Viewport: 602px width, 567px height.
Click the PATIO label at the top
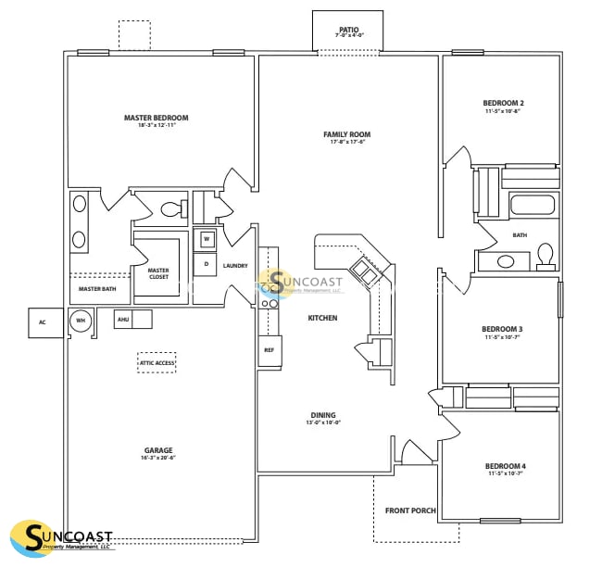[x=348, y=30]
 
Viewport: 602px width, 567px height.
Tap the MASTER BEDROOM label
[x=157, y=118]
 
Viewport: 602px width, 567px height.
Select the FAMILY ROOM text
[x=347, y=134]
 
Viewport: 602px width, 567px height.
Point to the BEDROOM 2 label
[x=503, y=103]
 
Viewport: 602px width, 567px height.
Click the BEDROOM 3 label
[x=502, y=329]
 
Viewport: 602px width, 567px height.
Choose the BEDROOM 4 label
[x=505, y=466]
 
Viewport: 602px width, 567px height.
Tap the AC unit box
[x=42, y=322]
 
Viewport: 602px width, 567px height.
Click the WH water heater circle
[x=81, y=321]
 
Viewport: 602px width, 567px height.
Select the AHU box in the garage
[x=122, y=320]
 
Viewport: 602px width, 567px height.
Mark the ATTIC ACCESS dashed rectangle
[x=157, y=362]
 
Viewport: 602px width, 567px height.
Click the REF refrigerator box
[x=270, y=350]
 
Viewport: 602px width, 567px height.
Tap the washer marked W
[x=206, y=239]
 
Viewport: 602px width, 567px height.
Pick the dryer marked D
[x=206, y=264]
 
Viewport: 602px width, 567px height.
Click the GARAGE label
[x=158, y=451]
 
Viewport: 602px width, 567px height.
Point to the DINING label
[x=323, y=415]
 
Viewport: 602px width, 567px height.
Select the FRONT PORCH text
[x=410, y=510]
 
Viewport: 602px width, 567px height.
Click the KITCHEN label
[x=322, y=318]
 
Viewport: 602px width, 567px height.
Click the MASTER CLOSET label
[x=158, y=273]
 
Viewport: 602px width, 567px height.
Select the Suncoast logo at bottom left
[x=62, y=538]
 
